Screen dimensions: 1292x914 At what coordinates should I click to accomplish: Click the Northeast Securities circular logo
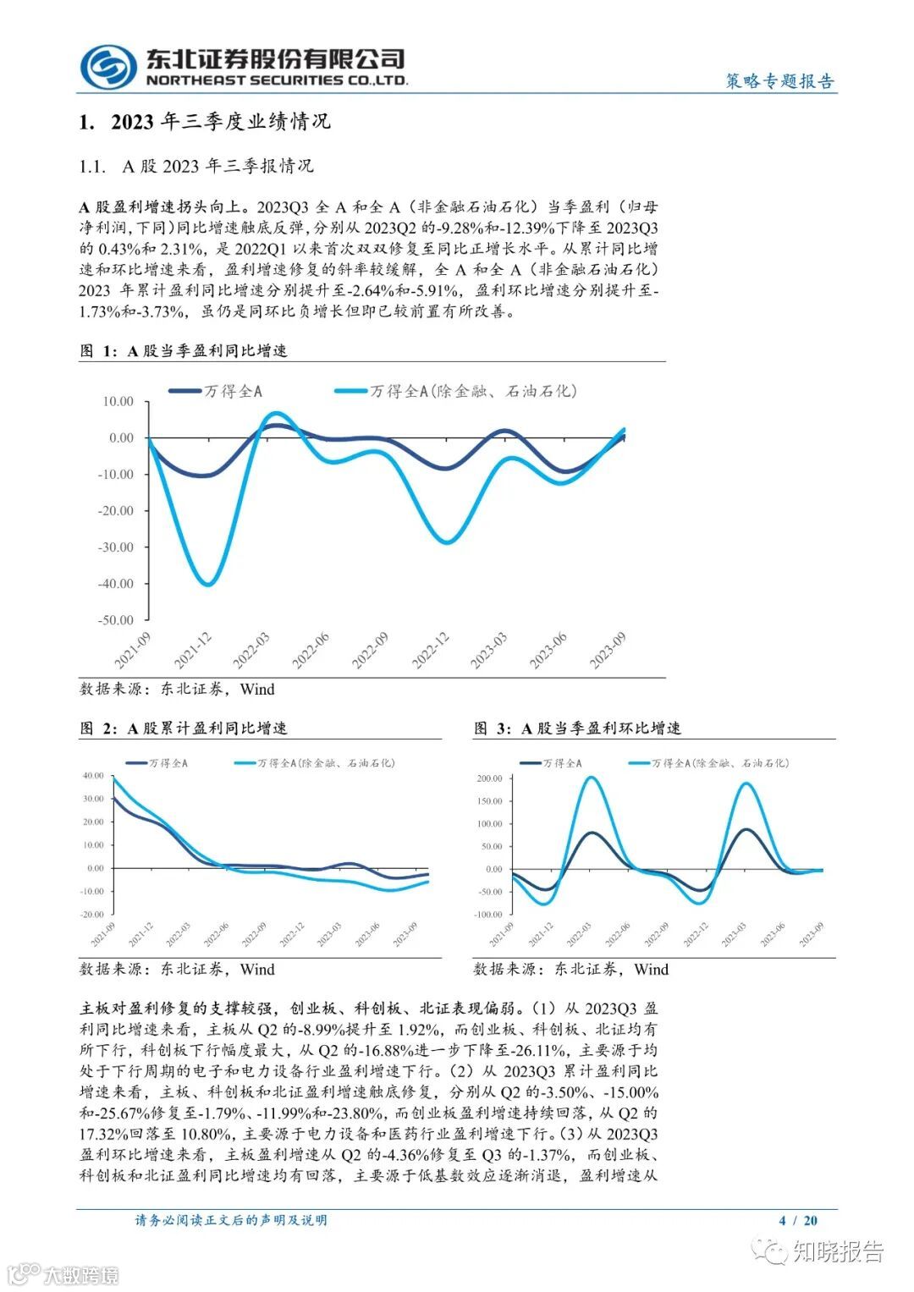tap(108, 67)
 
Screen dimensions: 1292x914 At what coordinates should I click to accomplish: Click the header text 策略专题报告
tap(779, 81)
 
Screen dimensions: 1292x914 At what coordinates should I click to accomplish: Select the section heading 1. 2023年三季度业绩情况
tap(204, 123)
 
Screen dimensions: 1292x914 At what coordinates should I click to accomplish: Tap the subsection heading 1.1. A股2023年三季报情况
tap(196, 166)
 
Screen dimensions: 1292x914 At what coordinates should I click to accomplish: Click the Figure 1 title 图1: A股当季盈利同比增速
tap(184, 350)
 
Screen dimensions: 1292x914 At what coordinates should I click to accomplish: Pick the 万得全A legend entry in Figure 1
tap(216, 391)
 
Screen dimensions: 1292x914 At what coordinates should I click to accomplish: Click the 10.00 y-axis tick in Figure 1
tap(118, 402)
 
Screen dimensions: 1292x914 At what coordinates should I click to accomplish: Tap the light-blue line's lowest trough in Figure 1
tap(207, 584)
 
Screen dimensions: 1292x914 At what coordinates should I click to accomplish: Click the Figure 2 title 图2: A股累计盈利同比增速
tap(184, 728)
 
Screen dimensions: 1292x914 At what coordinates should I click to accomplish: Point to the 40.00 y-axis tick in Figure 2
tap(93, 776)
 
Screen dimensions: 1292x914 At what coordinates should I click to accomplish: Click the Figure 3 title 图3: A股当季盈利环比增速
tap(577, 728)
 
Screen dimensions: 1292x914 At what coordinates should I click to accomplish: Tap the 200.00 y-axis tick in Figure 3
tap(489, 778)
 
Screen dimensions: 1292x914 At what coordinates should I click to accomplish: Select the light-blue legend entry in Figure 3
tap(709, 763)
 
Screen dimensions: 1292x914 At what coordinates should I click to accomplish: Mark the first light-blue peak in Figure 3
tap(592, 778)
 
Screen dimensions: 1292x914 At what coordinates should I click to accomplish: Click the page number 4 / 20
tap(797, 1220)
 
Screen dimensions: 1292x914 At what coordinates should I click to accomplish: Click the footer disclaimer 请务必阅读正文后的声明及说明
tap(231, 1220)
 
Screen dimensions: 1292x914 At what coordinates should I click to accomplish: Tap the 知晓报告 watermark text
tap(838, 1251)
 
